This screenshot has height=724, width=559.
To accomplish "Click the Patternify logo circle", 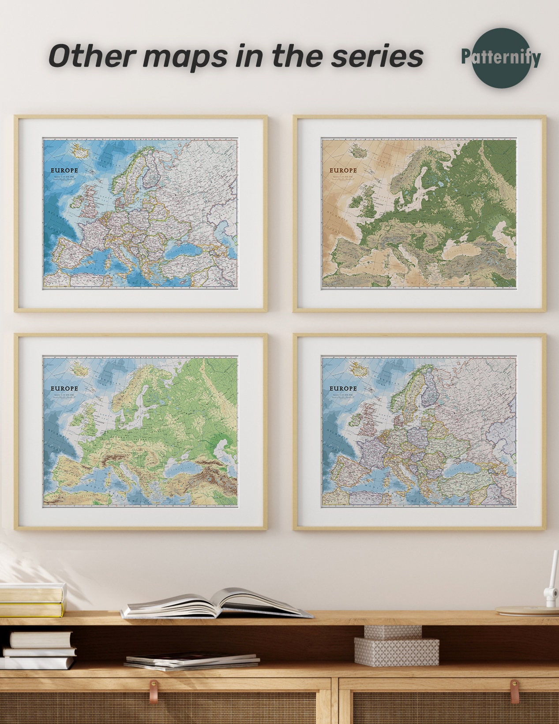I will point(500,56).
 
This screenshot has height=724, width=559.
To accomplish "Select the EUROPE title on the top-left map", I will point(64,170).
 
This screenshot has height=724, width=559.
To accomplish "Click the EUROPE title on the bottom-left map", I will point(64,388).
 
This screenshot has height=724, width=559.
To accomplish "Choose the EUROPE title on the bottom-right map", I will point(343,388).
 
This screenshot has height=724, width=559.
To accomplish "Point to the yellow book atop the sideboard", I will point(31,609).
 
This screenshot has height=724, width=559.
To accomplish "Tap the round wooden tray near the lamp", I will point(527,610).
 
